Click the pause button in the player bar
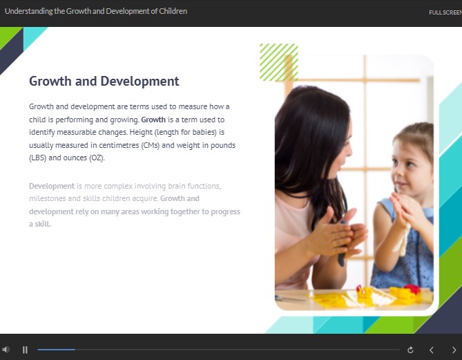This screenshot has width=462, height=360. (25, 350)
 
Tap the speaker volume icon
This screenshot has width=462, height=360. (6, 350)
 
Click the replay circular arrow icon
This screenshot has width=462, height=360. (410, 350)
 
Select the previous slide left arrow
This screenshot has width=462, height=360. (432, 350)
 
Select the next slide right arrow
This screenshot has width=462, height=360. (454, 350)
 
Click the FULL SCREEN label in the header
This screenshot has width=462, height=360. (445, 12)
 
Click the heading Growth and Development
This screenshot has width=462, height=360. (104, 81)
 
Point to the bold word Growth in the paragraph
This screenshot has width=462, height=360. (153, 120)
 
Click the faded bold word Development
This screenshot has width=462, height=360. (52, 186)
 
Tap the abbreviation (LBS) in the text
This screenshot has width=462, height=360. (38, 158)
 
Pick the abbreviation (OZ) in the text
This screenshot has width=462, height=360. (97, 158)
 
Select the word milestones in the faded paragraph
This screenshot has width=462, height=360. (48, 198)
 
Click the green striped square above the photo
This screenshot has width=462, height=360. (279, 62)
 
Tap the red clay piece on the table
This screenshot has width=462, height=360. (412, 288)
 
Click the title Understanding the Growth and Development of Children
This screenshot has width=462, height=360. (96, 11)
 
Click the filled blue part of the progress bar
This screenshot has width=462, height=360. (56, 350)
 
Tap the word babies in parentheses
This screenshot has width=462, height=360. (204, 132)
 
